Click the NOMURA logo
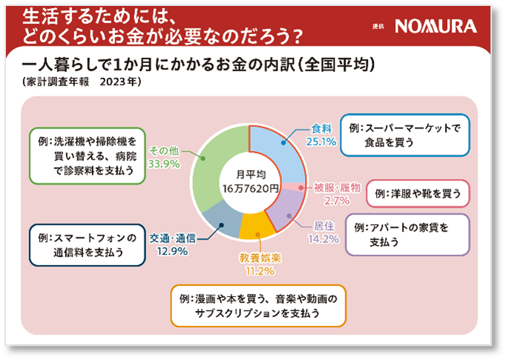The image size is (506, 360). tap(436, 27)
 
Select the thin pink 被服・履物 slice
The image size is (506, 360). tap(297, 187)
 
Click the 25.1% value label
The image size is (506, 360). tap(322, 141)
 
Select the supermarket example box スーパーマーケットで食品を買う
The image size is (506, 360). tap(405, 134)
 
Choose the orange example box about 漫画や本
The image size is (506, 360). tap(259, 305)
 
